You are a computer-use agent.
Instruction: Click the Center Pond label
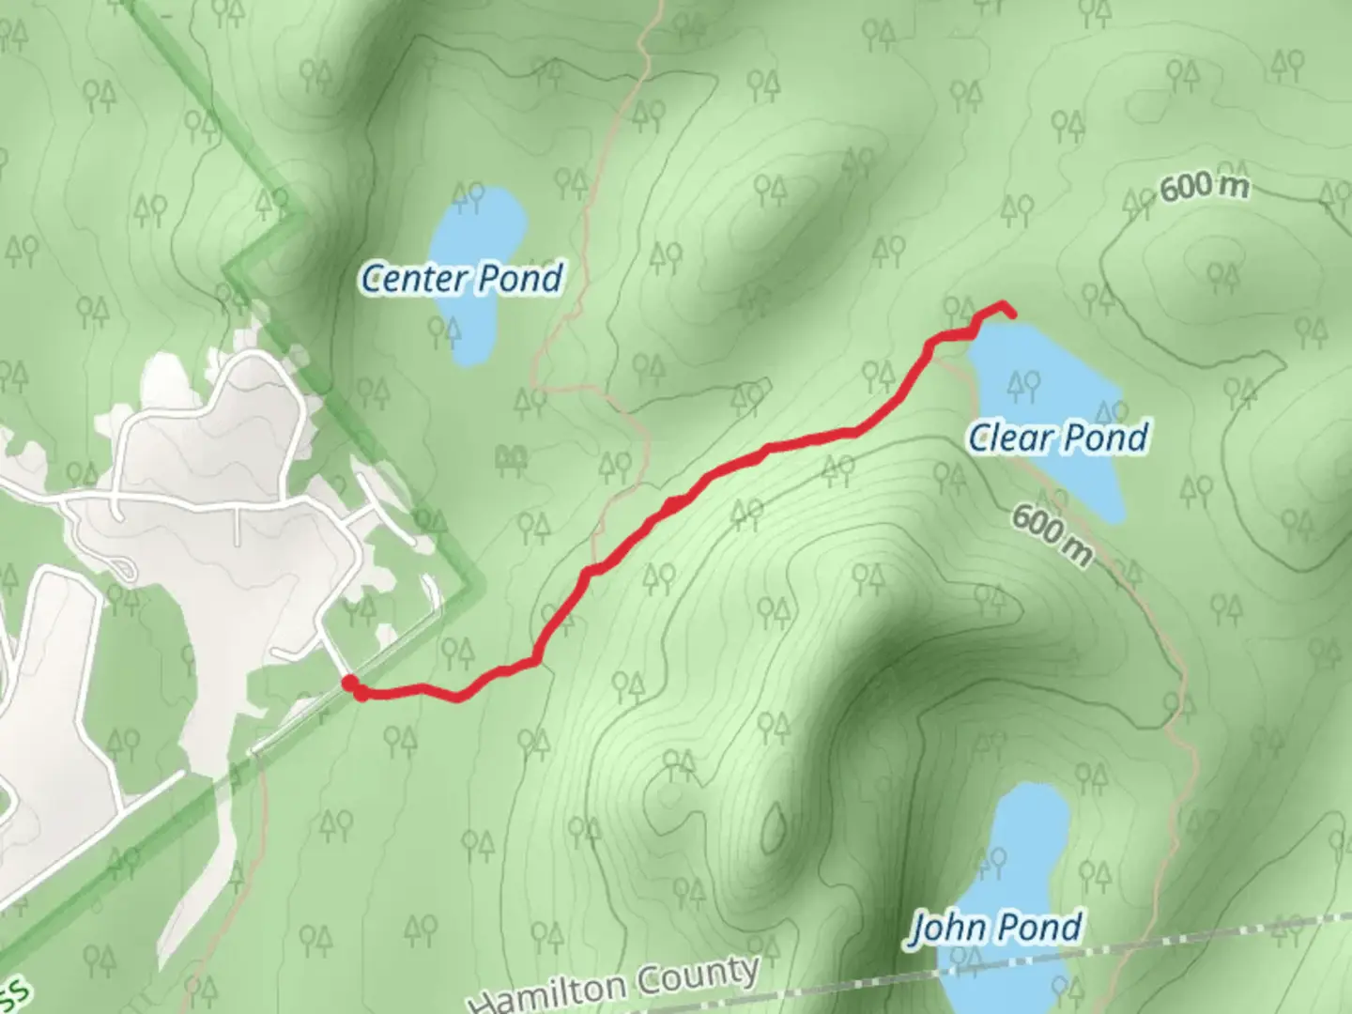(462, 278)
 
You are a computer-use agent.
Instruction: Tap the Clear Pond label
(1058, 438)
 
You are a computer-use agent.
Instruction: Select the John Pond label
(995, 928)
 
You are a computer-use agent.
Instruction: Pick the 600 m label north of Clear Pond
(1204, 188)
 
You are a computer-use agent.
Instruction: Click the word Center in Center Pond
(414, 279)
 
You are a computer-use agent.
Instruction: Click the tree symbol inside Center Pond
(467, 197)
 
